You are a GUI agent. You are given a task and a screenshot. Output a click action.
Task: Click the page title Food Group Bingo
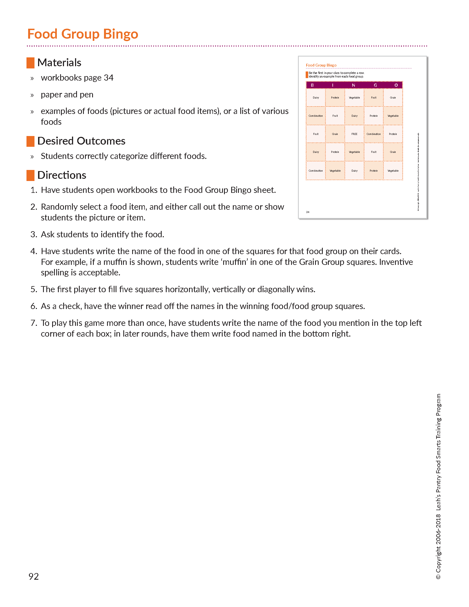[x=82, y=34]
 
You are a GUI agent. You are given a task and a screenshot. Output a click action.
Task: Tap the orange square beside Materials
[x=30, y=63]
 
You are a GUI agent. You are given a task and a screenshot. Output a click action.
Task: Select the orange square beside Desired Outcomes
[x=30, y=141]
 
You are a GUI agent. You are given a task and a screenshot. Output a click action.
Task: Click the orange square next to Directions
[x=30, y=175]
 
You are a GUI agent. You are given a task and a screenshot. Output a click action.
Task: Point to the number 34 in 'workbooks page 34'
[x=108, y=78]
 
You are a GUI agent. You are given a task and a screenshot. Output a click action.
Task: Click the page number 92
[x=34, y=576]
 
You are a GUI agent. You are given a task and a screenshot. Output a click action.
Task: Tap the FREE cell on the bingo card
[x=354, y=134]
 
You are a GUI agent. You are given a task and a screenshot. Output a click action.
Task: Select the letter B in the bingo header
[x=312, y=85]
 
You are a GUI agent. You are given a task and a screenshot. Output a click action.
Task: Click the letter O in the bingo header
[x=396, y=85]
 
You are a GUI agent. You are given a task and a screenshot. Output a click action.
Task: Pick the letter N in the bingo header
[x=353, y=85]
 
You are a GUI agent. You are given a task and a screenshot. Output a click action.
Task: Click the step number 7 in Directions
[x=34, y=323]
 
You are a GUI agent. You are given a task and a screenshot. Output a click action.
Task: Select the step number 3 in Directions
[x=34, y=235]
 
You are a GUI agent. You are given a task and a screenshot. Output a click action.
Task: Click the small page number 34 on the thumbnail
[x=308, y=212]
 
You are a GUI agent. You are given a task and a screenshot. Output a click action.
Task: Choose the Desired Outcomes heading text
[x=81, y=141]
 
